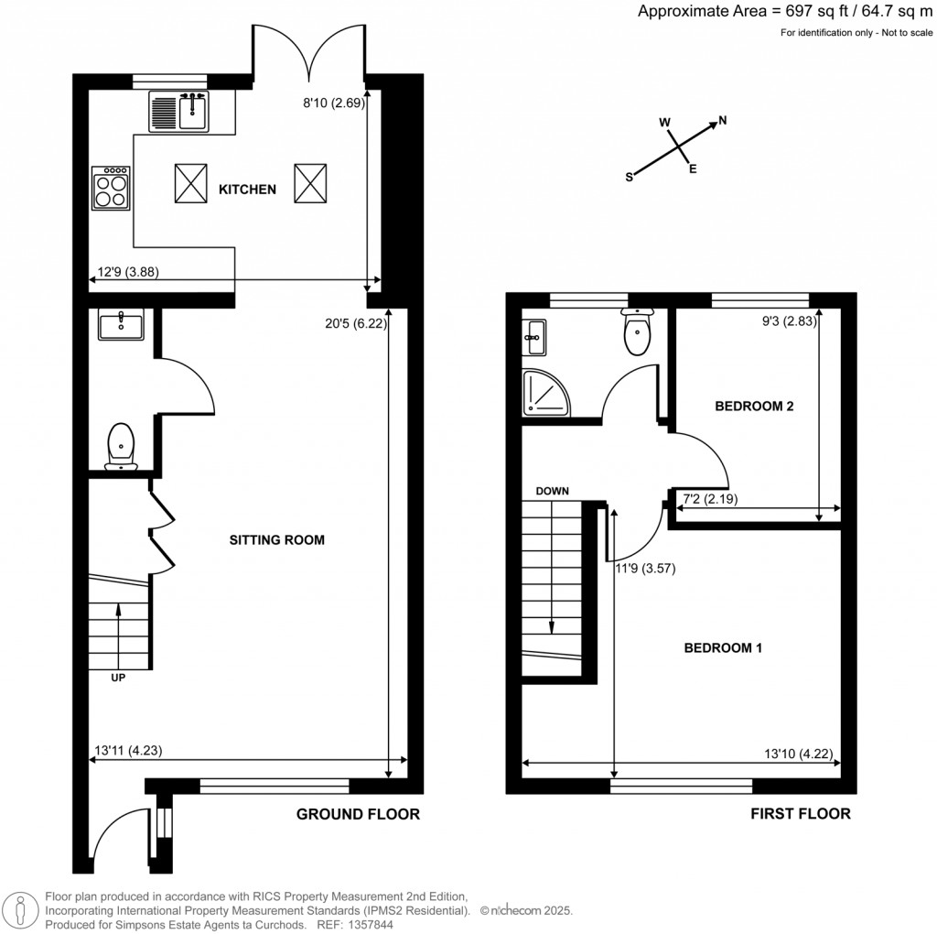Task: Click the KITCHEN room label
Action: pos(247,190)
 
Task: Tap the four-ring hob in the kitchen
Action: pos(111,188)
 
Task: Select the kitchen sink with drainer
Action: pos(179,112)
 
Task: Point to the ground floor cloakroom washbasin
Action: pos(121,325)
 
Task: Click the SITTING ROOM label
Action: pos(276,539)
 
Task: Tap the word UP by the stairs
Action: pos(118,679)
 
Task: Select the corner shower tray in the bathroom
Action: pos(543,393)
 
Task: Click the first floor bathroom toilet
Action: pos(637,334)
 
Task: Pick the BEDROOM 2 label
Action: pos(754,406)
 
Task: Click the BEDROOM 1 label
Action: pos(724,648)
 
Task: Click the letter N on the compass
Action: pos(722,120)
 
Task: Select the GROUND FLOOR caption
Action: pos(358,813)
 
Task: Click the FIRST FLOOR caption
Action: pos(801,813)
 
